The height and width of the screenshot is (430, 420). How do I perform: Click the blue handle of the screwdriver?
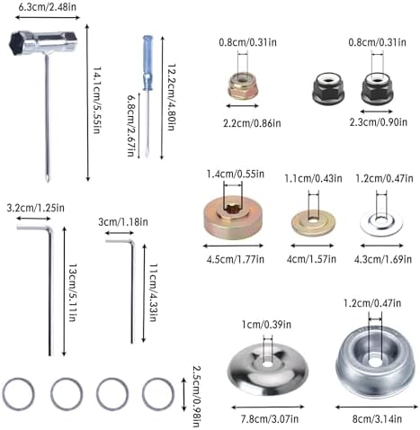(x=147, y=63)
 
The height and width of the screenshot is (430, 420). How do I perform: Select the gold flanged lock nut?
(x=243, y=86)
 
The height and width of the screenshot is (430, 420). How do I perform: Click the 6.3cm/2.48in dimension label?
(x=48, y=7)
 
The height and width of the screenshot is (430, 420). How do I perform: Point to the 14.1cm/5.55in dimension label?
(x=96, y=100)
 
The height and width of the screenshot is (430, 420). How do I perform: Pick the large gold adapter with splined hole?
(x=234, y=217)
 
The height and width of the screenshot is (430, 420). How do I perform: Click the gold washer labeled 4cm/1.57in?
(x=314, y=222)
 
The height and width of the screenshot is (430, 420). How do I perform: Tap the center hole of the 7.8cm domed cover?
(x=268, y=365)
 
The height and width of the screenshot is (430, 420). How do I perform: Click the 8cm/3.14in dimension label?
(x=377, y=419)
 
